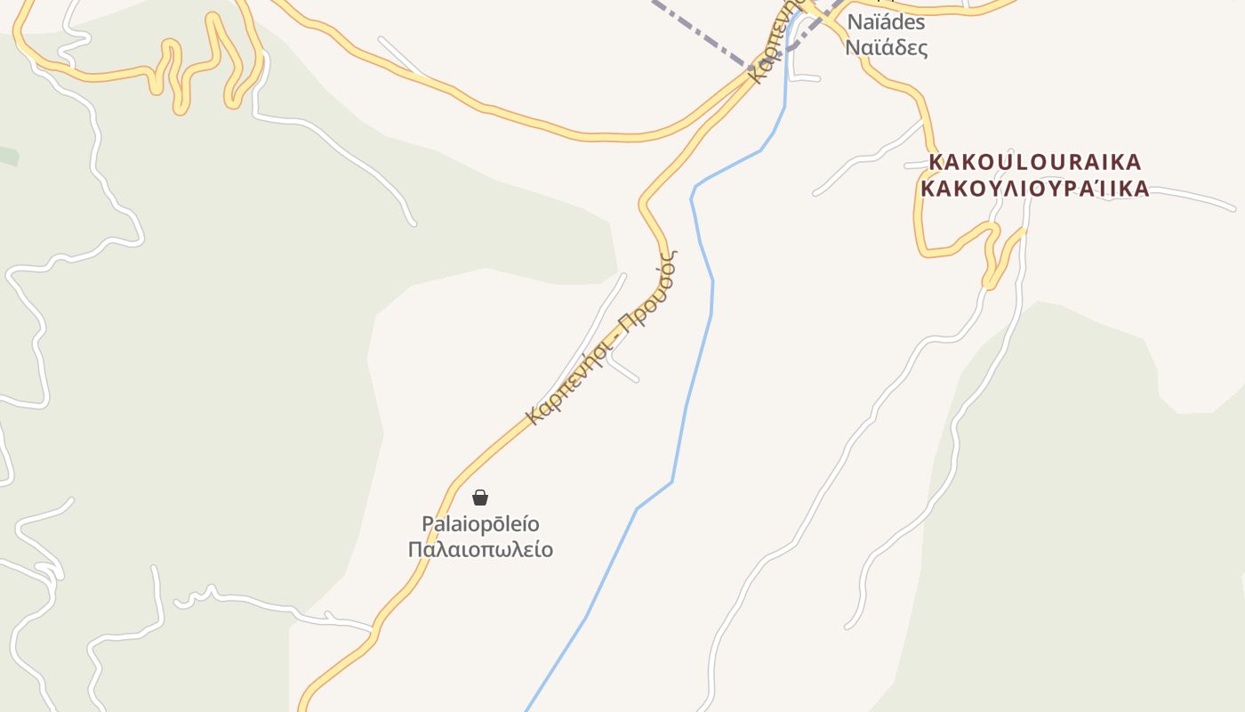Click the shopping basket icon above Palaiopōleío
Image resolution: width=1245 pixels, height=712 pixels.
tap(480, 498)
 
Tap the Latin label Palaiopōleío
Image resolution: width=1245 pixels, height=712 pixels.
tap(480, 523)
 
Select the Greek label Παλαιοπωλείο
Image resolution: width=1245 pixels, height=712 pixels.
tap(480, 550)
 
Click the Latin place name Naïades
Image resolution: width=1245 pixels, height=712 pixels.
tap(886, 22)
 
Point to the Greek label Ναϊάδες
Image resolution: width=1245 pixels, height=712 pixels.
tap(886, 47)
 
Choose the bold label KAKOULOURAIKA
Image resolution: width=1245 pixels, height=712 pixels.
tap(1034, 162)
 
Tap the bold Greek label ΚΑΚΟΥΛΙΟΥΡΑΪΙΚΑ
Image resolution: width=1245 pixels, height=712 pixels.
tap(1034, 189)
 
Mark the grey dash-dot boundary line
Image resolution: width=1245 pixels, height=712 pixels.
tap(703, 36)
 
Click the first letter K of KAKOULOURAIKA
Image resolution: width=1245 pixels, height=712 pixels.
tap(936, 162)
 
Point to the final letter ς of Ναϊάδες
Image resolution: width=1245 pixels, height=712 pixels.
tap(923, 49)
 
